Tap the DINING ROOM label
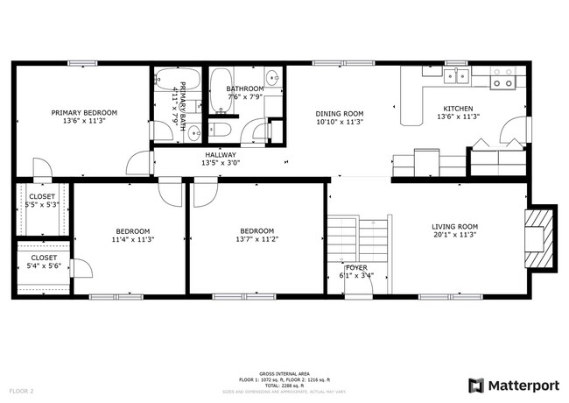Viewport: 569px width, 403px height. tap(339, 113)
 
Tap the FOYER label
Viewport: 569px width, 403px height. tap(356, 267)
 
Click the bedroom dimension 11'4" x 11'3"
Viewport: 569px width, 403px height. tap(132, 239)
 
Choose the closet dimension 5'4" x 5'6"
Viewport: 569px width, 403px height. tap(41, 265)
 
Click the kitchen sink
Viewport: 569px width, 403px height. tap(455, 77)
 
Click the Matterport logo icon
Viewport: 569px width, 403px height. tap(475, 385)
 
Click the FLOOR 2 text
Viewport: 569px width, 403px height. tap(22, 390)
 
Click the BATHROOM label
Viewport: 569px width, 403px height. tap(244, 88)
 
